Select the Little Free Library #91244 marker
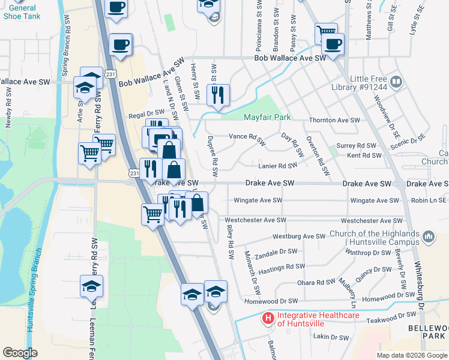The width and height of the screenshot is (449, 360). tap(396, 81)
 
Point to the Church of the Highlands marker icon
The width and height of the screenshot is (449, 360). tap(428, 237)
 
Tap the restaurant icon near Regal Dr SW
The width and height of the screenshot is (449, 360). tap(217, 95)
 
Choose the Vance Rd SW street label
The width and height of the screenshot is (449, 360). tap(247, 139)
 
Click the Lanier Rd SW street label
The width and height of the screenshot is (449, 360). tap(277, 166)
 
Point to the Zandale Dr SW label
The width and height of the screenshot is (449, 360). tap(276, 253)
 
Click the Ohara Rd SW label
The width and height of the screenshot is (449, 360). tap(316, 282)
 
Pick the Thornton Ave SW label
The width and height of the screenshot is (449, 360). tap(333, 120)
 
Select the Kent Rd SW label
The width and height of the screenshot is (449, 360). tap(364, 155)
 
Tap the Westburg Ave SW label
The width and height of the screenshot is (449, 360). tap(298, 237)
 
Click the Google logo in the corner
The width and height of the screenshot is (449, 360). tap(20, 353)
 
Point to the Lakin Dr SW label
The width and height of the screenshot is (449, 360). tap(331, 338)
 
